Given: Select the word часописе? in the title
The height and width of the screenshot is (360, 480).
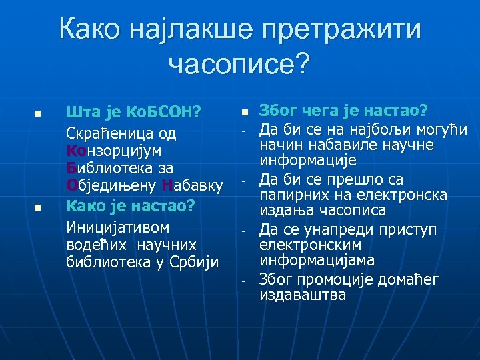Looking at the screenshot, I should click(239, 64).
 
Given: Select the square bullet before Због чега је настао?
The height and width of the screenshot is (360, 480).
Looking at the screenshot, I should click(245, 111).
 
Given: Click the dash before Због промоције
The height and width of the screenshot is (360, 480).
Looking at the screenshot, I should click(245, 281).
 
